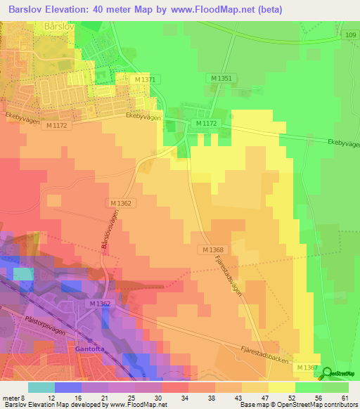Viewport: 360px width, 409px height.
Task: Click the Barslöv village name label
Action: (x=58, y=27)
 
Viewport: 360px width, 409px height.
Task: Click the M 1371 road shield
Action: (x=144, y=79)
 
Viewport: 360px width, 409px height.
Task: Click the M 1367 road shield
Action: (x=307, y=368)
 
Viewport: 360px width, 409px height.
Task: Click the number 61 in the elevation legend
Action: (x=345, y=398)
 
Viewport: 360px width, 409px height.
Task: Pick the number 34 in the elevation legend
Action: (x=184, y=398)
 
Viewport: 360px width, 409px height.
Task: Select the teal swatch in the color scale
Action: (x=41, y=387)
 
